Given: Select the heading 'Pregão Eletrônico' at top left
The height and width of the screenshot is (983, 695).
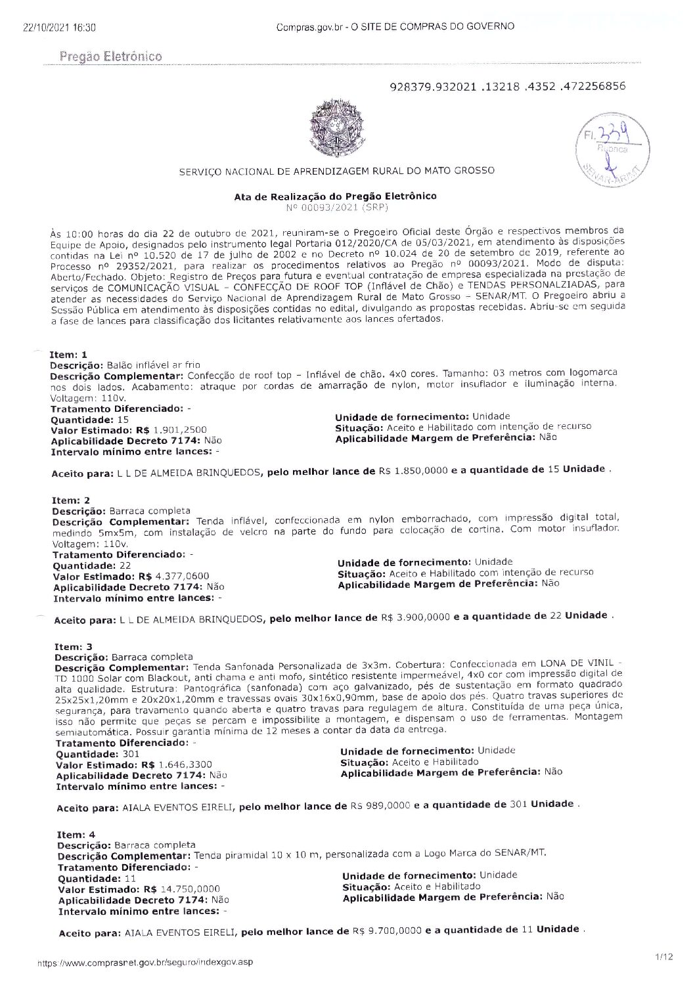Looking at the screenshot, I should pos(110,57).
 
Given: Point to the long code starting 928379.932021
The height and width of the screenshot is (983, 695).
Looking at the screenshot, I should pos(507,86).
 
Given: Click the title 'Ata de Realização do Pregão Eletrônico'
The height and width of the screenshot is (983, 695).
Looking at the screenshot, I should pos(335,196).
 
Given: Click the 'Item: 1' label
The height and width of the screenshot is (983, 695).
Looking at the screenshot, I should pos(68,355).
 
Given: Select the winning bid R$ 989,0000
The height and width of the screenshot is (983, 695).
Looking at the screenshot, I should pos(380,805).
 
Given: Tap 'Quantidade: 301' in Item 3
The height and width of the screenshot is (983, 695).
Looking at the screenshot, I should pos(97,754).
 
